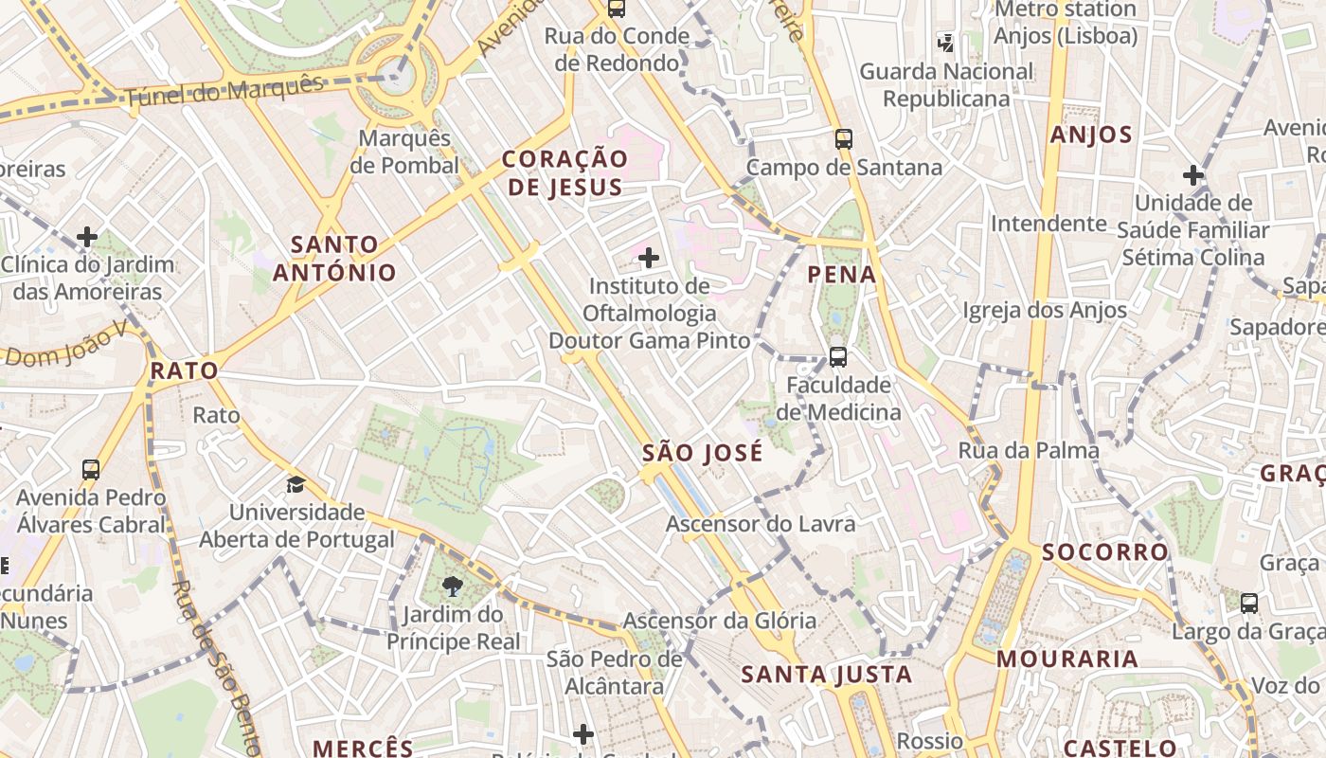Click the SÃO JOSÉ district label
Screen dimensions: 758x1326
(702, 454)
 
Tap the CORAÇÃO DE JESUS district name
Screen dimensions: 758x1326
(564, 172)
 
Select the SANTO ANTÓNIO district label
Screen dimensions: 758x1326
(334, 259)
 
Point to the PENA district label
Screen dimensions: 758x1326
(841, 276)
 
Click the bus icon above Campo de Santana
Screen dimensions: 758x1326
(844, 139)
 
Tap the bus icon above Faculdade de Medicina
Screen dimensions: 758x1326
(838, 357)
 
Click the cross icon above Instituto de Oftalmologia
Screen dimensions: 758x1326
(649, 258)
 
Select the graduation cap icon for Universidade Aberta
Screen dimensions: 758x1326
(296, 485)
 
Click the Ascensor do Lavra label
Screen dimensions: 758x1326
(760, 524)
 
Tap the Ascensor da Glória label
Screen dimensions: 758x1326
(719, 622)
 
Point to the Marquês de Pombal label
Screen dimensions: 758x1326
(404, 152)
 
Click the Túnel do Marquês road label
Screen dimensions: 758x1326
(224, 90)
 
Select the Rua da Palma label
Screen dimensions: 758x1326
(1029, 450)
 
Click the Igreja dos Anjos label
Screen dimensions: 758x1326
(1045, 310)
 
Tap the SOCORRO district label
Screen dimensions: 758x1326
(1105, 552)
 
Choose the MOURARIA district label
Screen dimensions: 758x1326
(1066, 659)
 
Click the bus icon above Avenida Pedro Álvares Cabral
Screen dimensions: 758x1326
(91, 469)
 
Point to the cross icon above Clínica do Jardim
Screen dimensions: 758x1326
(87, 236)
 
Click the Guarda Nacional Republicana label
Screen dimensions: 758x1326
(947, 84)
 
